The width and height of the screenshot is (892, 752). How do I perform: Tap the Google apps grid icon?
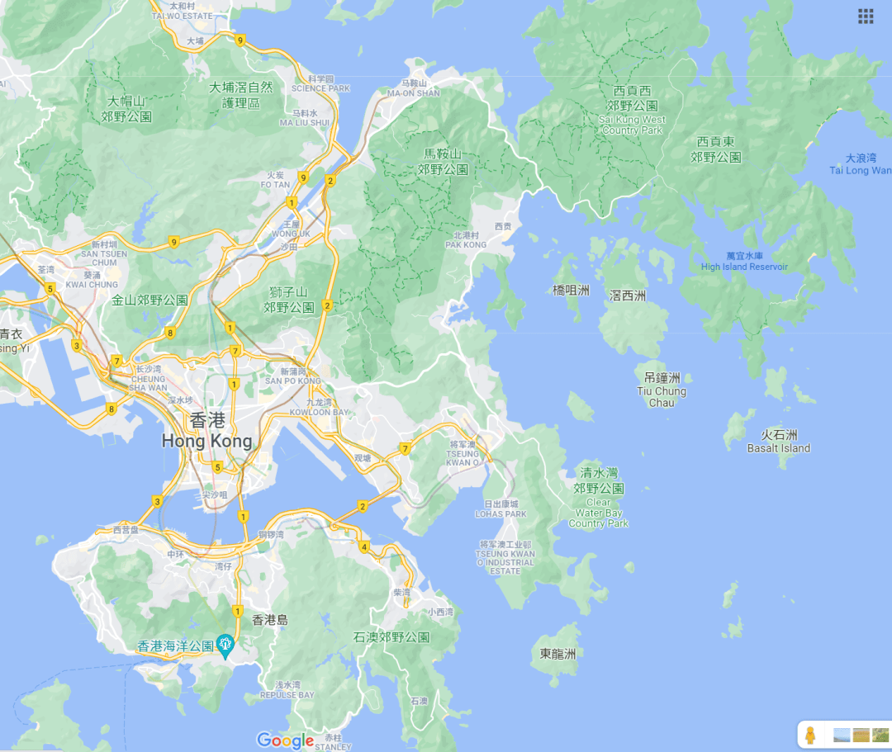point(866,16)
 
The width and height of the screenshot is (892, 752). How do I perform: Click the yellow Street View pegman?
point(811,734)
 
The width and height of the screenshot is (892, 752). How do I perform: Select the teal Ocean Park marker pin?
point(225,645)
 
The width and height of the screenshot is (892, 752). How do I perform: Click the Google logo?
point(285,740)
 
